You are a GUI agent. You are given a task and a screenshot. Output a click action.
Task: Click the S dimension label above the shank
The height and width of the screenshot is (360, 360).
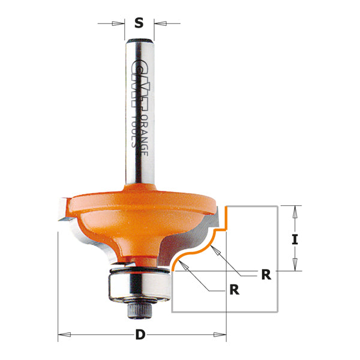(139, 23)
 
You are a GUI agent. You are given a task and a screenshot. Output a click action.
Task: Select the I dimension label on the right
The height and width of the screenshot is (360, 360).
(295, 239)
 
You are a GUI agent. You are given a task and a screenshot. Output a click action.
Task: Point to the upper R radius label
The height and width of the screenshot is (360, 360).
(266, 275)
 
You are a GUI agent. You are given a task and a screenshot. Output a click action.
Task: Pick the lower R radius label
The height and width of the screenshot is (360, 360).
(234, 290)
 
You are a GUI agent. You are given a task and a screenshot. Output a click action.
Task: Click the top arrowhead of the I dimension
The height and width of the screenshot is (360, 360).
(295, 209)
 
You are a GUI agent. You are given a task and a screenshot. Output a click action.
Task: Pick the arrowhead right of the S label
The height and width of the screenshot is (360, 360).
(158, 23)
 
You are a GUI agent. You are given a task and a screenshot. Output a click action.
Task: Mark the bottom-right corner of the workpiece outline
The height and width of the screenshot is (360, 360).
(277, 312)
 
